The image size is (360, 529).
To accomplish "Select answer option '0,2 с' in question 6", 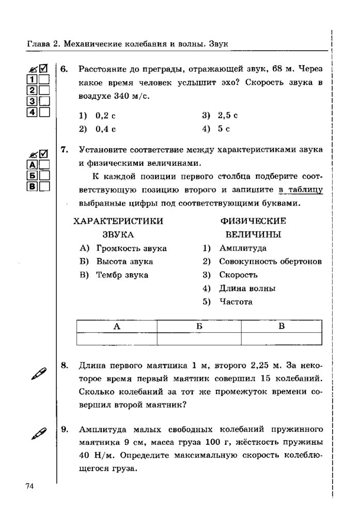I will [x=105, y=115].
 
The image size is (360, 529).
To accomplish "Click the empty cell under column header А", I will [x=117, y=339].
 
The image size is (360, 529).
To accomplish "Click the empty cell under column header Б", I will [x=199, y=339].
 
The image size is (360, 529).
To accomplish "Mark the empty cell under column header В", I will [x=282, y=339].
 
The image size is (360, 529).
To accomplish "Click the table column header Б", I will [x=199, y=326].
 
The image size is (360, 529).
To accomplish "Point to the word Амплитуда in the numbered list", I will [x=242, y=248].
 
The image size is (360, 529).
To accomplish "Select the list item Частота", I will [x=236, y=302].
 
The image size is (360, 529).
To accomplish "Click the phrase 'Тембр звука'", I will [x=122, y=275].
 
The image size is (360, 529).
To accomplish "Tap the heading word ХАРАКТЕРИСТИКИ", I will [x=119, y=221].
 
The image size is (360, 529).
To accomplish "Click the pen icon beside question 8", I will [x=37, y=371].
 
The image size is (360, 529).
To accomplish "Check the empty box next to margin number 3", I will [x=44, y=101].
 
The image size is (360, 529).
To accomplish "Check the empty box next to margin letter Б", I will [x=44, y=175].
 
